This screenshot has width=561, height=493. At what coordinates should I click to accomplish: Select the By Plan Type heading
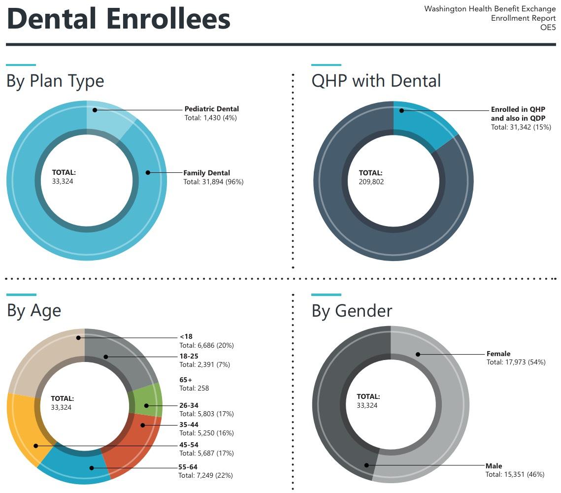pyautogui.click(x=55, y=81)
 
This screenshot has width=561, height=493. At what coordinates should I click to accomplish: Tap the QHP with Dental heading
pyautogui.click(x=376, y=81)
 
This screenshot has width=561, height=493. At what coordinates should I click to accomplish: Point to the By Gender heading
pyautogui.click(x=352, y=311)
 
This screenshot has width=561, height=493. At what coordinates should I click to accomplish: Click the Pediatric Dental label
pyautogui.click(x=211, y=109)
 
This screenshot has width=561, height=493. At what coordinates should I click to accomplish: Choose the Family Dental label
pyautogui.click(x=206, y=173)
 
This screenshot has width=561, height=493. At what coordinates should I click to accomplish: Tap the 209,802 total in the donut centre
pyautogui.click(x=371, y=182)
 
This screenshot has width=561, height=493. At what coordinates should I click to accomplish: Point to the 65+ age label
pyautogui.click(x=186, y=380)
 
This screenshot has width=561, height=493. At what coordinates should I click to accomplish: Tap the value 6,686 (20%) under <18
pyautogui.click(x=206, y=345)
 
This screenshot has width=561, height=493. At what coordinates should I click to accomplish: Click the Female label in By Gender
pyautogui.click(x=498, y=354)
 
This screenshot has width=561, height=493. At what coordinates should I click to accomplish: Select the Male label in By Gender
pyautogui.click(x=494, y=466)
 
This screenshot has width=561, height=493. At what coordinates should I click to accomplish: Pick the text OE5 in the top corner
pyautogui.click(x=548, y=28)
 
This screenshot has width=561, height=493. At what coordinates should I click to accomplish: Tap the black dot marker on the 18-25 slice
pyautogui.click(x=105, y=357)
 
